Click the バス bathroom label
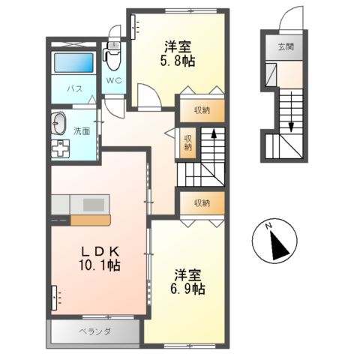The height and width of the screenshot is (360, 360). [x=75, y=89]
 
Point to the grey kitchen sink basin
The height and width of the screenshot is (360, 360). [x=94, y=205]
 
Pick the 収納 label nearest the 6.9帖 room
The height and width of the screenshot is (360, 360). [x=200, y=203]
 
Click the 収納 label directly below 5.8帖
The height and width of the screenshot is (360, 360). [x=200, y=110]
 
